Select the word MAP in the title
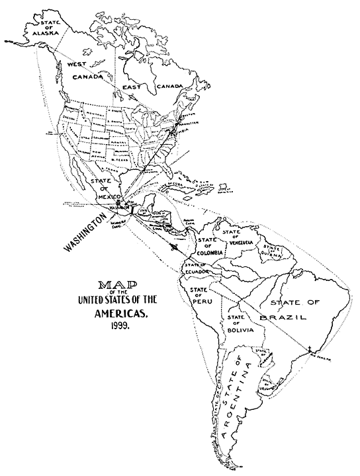pyautogui.click(x=114, y=286)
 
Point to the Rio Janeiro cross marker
pyautogui.click(x=308, y=348)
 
